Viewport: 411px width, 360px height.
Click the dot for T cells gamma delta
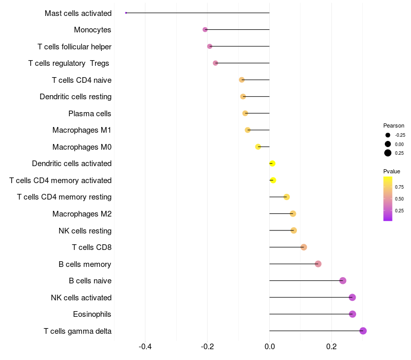coord(363,331)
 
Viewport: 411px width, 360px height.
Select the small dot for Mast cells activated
coord(126,13)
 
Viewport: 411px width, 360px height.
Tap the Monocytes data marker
coord(205,30)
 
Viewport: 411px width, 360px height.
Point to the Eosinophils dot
coord(352,314)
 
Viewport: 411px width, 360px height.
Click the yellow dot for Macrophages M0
coord(258,147)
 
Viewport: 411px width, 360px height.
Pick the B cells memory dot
coord(318,264)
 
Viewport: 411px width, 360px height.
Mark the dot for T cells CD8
coord(304,247)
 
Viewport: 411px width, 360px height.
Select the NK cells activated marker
coord(352,297)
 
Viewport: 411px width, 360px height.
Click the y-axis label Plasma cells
coord(90,113)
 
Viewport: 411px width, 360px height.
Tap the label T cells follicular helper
coord(74,46)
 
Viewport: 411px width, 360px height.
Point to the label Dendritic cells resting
coord(76,97)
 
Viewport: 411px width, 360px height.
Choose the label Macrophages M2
coord(82,214)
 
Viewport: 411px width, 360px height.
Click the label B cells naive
coord(90,281)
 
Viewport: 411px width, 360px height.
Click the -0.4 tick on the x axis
coord(145,346)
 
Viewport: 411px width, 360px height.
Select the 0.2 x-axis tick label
coord(331,346)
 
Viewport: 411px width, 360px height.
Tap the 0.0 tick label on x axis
coord(269,346)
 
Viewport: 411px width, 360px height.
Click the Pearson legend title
coord(394,125)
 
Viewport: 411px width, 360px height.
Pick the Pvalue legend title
coord(391,171)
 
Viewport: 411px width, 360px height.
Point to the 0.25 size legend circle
coord(388,153)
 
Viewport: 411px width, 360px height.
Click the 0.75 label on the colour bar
coord(399,187)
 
